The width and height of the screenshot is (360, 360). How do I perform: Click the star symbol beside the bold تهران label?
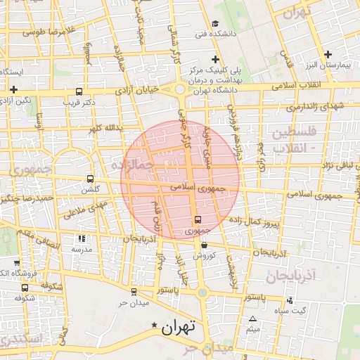(155, 325)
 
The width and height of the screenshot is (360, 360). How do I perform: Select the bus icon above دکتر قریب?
(78, 91)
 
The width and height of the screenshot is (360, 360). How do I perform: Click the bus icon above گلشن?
(89, 179)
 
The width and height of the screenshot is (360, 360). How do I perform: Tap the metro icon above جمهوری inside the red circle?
(198, 219)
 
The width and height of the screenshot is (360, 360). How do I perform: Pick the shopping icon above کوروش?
(204, 245)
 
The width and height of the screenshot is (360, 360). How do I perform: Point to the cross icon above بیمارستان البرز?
(327, 54)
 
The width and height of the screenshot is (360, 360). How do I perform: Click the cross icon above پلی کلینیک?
(216, 59)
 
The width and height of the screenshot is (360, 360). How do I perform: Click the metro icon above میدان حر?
(134, 291)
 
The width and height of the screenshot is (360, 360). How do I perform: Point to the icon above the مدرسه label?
(80, 240)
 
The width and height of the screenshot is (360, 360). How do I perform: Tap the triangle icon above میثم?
(253, 319)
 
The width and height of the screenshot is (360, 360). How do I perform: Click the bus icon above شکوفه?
(25, 287)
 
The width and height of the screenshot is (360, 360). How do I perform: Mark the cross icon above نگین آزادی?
(14, 89)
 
